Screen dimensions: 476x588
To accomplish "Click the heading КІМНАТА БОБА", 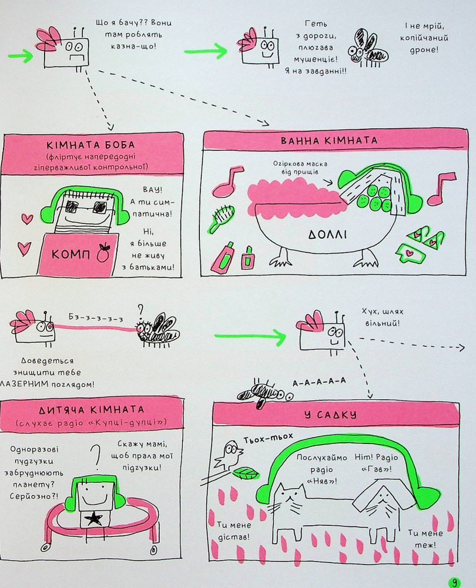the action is pos(90,145).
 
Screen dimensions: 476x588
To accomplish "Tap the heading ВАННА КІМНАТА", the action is pos(329,141).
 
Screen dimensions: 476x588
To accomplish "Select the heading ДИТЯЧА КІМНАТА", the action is pos(92,409).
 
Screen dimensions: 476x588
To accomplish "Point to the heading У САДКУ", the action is pos(330,415).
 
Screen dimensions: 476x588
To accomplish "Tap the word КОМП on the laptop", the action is pos(71,255).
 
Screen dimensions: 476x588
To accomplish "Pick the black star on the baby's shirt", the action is pos(93,519).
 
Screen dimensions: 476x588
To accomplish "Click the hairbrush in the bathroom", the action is pos(221,218).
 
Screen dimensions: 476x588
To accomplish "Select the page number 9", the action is pos(455,582).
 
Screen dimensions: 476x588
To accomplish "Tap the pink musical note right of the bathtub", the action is pos(441,189).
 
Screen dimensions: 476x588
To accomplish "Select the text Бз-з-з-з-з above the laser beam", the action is pos(96,318).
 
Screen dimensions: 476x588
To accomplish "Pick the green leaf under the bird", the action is pos(246,473).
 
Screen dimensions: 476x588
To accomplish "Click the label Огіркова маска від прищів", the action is pos(300,168).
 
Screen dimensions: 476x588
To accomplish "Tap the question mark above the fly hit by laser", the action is pos(140,310).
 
